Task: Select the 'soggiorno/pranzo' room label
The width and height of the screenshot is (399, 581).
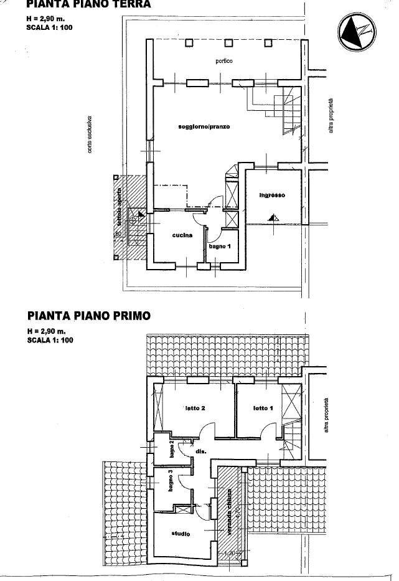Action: pos(204,126)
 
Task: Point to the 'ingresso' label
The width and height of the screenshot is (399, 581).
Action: pos(272,196)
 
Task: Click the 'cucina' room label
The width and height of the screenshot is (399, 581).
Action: pos(182,235)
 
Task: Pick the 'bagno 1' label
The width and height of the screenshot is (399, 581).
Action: pos(220,247)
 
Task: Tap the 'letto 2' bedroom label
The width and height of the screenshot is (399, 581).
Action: pos(195,409)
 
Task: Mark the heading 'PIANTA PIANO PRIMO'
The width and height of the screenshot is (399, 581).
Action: pos(88,316)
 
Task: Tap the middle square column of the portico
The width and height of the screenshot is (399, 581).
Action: pos(228,42)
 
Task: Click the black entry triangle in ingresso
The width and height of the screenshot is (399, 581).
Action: pos(272,218)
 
